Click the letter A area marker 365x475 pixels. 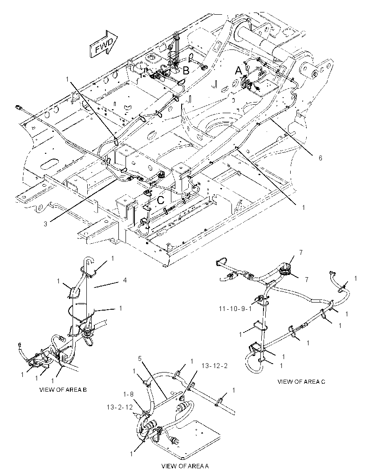[239, 71]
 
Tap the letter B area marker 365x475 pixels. [187, 70]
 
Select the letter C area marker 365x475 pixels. [161, 200]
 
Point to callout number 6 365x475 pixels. [320, 158]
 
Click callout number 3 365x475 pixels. [45, 224]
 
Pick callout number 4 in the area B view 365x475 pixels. [125, 280]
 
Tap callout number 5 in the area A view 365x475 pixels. [140, 358]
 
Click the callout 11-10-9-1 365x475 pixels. [235, 309]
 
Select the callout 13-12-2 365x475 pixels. [215, 366]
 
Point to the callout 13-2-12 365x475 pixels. [120, 407]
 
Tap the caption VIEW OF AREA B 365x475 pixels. [63, 389]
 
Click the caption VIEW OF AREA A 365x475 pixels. [185, 466]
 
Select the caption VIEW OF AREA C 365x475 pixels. [301, 381]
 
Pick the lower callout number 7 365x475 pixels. [307, 279]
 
